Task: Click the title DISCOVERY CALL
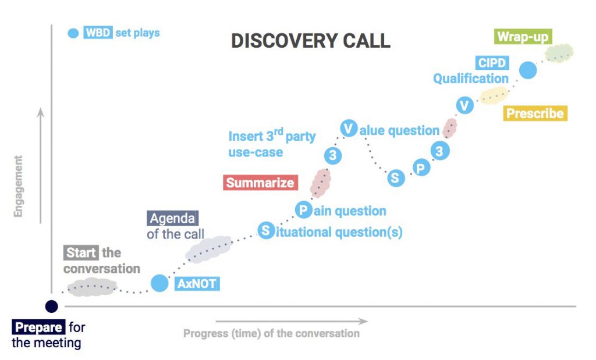coord(310,41)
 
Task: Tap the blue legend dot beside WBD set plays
coord(73,33)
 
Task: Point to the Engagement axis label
coord(18,186)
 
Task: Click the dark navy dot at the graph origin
coord(52,306)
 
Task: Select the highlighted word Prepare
coord(39,327)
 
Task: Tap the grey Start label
coord(81,253)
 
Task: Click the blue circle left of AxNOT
coord(159,283)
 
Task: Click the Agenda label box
coord(172,219)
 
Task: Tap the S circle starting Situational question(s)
coord(266,230)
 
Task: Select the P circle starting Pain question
coord(303,209)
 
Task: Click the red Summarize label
coord(260,183)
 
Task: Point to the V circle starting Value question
coord(349,129)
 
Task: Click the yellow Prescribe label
coord(535,113)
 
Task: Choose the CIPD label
coord(492,63)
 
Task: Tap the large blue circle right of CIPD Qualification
coord(527,70)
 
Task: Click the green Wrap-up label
coord(522,37)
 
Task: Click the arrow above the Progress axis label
coord(291,320)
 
